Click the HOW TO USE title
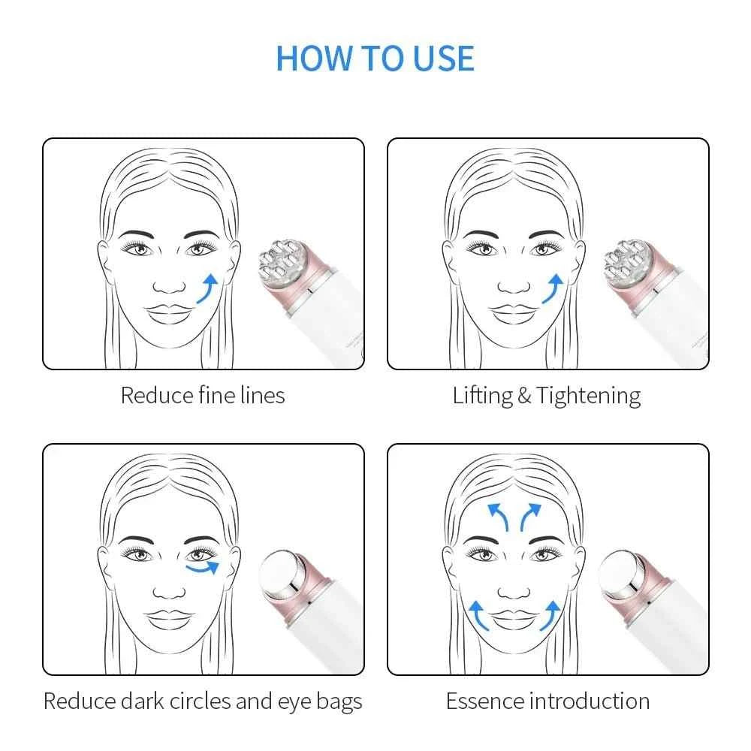click(375, 59)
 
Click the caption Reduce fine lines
click(203, 395)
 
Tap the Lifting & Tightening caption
click(546, 396)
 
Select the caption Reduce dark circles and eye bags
click(203, 701)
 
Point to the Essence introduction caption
click(547, 701)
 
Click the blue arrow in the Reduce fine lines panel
click(208, 288)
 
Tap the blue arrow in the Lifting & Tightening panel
click(553, 288)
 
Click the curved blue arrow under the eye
click(204, 569)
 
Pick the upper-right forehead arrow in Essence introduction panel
click(532, 517)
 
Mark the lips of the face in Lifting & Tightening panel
click(514, 313)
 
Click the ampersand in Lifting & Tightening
click(524, 396)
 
